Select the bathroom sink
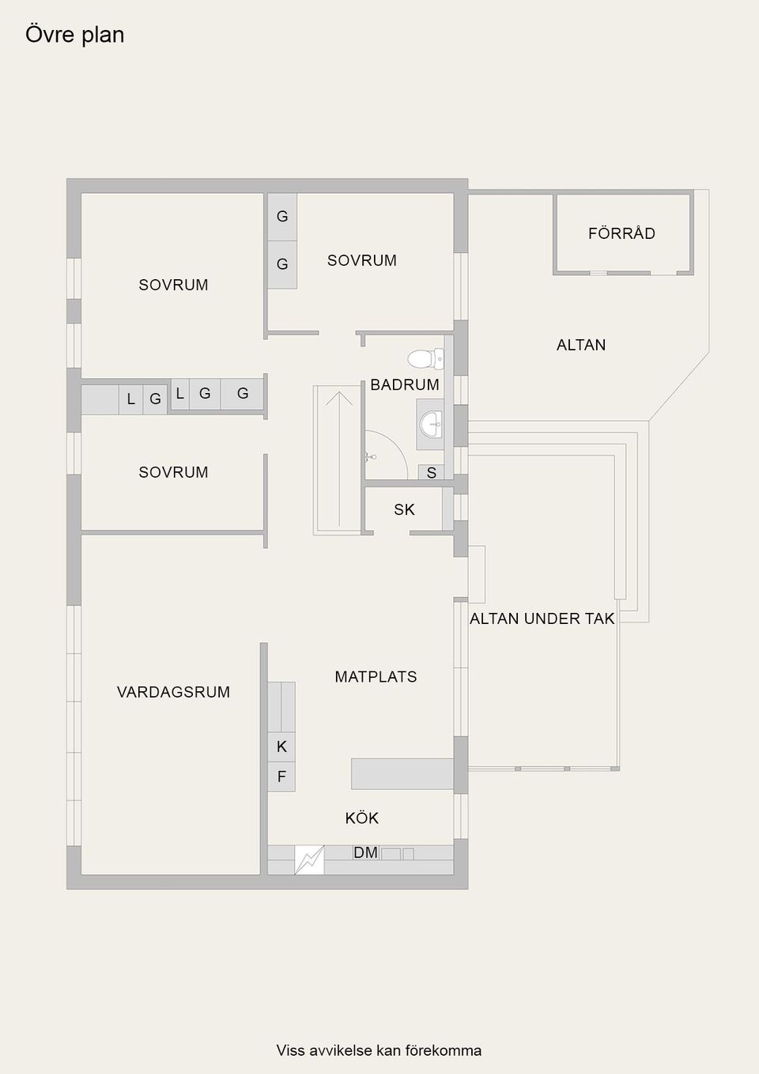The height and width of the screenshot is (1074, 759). [431, 424]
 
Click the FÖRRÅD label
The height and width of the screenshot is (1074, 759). [621, 233]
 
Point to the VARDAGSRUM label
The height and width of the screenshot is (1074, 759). [173, 692]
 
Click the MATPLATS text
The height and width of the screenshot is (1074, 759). [376, 677]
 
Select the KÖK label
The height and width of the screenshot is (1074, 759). [362, 818]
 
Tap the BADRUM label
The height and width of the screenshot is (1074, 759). [405, 385]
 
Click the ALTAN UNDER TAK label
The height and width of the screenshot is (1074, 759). [542, 618]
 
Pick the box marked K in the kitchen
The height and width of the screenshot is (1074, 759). [281, 747]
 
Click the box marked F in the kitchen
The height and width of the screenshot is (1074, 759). [281, 777]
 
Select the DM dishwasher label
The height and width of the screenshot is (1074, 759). [365, 853]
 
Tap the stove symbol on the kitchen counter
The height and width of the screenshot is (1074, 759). [309, 860]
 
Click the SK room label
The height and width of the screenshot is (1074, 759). [404, 510]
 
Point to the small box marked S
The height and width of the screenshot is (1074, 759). [431, 473]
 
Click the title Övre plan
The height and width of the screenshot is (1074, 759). [75, 35]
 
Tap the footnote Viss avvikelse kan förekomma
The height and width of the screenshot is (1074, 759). [379, 1050]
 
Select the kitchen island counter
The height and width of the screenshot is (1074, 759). [402, 773]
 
